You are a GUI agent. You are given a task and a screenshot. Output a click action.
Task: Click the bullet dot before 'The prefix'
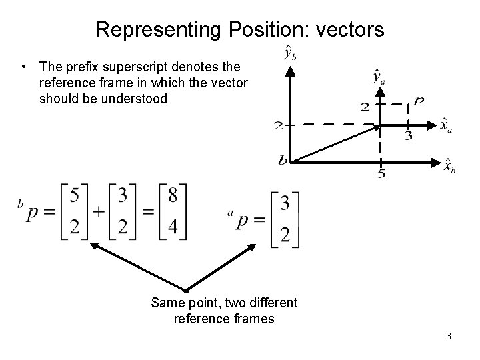coord(25,67)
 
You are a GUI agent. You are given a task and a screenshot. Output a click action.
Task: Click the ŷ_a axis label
coord(379,77)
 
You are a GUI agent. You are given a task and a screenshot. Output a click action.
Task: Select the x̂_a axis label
coord(446,125)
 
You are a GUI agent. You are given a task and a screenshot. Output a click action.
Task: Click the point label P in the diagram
coord(418,102)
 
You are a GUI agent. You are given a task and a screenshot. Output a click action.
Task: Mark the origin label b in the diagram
coord(283,160)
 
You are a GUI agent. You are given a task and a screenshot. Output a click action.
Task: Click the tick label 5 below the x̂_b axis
coord(381,175)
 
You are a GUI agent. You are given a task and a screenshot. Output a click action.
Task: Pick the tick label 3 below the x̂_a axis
coord(408,137)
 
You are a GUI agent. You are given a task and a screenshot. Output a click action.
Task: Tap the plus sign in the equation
coord(99,213)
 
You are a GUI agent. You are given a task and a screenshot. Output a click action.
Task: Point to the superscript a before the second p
coord(230,212)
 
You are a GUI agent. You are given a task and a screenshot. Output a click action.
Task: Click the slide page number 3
coord(449,336)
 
